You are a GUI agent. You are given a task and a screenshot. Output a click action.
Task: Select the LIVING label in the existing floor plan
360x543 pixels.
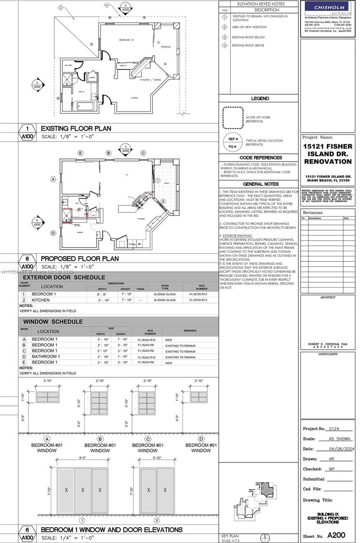click(x=134, y=98)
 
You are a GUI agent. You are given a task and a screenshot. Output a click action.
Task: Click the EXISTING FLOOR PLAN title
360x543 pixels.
click(x=76, y=129)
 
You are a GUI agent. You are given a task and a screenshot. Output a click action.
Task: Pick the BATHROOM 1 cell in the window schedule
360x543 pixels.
click(x=46, y=357)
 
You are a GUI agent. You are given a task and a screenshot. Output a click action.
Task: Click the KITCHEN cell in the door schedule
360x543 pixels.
click(x=41, y=300)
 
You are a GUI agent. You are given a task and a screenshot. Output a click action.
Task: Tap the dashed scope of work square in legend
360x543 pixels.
click(x=232, y=118)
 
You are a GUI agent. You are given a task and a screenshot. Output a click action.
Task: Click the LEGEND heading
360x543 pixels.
click(x=260, y=98)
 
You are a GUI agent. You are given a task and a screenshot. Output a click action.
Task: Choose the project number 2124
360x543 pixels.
click(x=334, y=429)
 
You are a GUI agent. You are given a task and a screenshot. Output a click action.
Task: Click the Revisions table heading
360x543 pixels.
click(x=313, y=212)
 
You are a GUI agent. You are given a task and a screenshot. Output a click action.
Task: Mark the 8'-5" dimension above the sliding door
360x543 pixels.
click(x=82, y=458)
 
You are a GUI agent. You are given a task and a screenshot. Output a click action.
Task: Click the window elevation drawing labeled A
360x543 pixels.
click(x=47, y=397)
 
